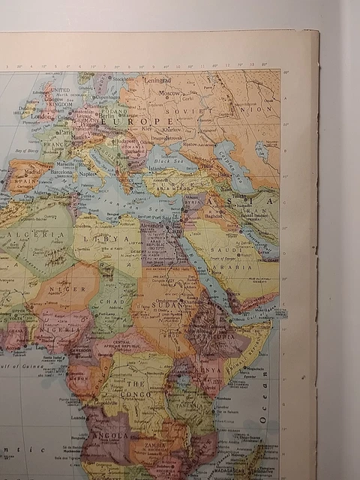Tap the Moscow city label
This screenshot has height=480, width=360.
tap(169, 93)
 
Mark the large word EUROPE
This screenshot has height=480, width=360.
tap(142, 121)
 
